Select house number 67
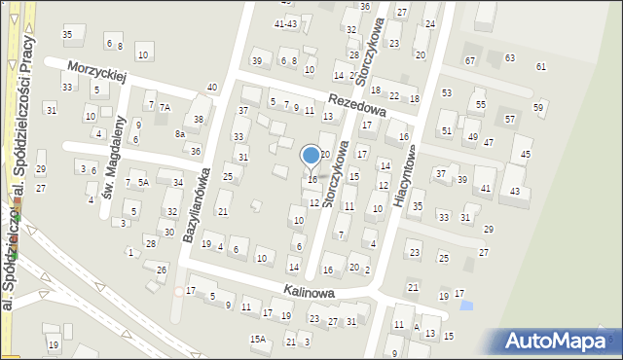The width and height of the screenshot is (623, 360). tap(470, 60)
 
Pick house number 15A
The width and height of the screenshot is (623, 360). tap(257, 339)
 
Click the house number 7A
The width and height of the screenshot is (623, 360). tap(165, 107)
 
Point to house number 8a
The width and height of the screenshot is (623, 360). tap(179, 133)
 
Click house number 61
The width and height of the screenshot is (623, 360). tap(541, 66)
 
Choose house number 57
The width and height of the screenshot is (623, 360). tap(510, 119)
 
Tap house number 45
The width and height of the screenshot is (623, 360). tap(527, 155)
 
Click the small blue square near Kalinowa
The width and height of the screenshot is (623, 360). tap(465, 306)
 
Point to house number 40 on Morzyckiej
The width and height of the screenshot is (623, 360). tap(212, 89)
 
